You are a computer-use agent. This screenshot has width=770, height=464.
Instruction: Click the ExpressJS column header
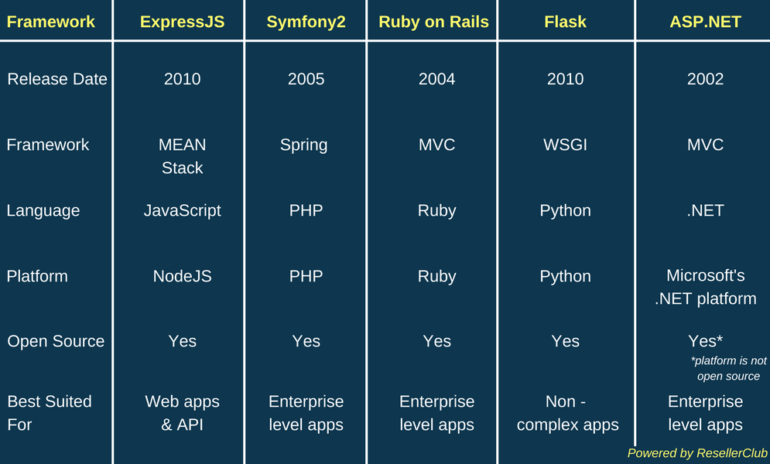pos(182,22)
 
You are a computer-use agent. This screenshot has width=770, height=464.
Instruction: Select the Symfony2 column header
pos(306,22)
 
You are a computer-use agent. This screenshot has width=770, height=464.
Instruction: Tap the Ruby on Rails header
pos(433,22)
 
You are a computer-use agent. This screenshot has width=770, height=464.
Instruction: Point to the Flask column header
pos(565,22)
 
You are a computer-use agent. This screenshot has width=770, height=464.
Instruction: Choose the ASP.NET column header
pos(705,22)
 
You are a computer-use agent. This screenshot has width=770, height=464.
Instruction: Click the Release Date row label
pos(57,79)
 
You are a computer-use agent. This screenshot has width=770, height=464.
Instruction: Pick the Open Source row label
pos(56,341)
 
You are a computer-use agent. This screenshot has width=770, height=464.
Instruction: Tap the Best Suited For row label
pos(49,413)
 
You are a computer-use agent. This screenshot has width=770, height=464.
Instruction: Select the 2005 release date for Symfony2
pos(306,79)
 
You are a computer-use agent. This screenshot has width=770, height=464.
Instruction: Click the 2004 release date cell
pos(436,79)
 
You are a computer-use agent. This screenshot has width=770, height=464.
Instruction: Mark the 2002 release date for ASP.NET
pos(705,79)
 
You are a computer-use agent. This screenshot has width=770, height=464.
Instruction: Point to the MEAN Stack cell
pos(182,156)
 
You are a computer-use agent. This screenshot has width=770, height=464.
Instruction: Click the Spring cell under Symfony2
pos(303,145)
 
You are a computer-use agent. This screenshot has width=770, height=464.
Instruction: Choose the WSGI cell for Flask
pos(565,145)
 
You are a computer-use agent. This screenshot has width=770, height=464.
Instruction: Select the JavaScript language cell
pos(182,211)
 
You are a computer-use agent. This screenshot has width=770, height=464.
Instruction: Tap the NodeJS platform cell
pos(182,276)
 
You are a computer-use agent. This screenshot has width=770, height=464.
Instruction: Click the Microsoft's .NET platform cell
pos(705,287)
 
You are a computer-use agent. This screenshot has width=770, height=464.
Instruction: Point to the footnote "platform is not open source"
pos(729,368)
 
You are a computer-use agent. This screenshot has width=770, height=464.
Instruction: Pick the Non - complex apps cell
pos(568,413)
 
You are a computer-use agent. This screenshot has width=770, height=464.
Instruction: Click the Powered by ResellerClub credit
pos(697,452)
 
